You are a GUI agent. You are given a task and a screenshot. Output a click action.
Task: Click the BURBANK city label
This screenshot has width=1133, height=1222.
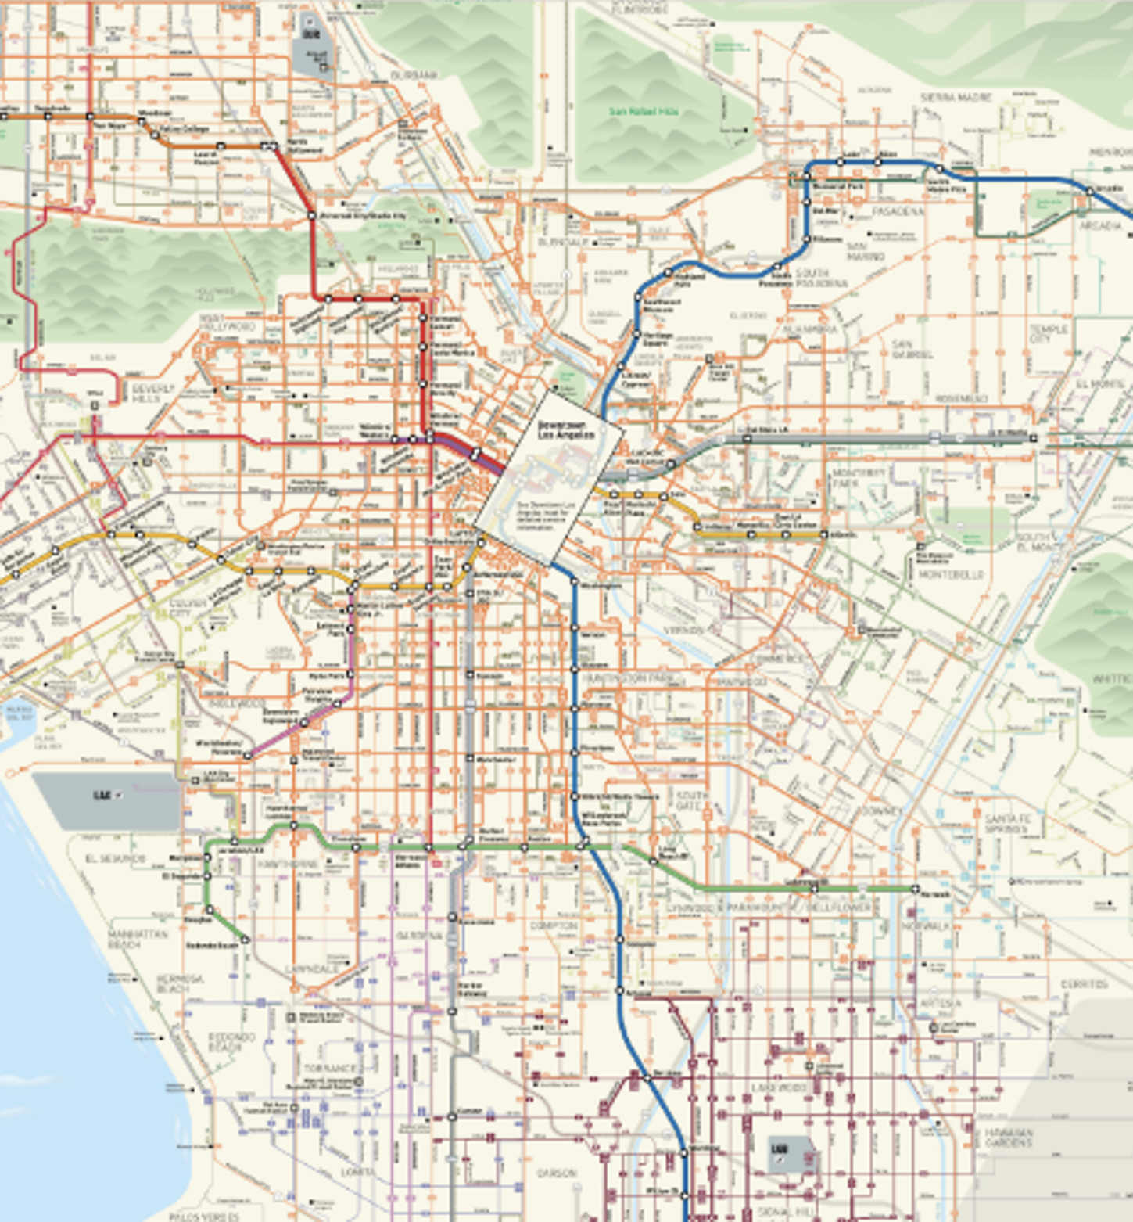click(414, 75)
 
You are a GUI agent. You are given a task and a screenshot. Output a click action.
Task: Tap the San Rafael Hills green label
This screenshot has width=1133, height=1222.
click(644, 112)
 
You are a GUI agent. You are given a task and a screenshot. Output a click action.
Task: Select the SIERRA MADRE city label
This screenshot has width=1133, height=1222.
click(956, 97)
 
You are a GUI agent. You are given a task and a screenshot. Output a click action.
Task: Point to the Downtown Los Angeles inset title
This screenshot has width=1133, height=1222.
click(565, 430)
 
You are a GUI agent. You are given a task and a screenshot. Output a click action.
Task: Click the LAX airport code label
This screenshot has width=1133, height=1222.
click(102, 795)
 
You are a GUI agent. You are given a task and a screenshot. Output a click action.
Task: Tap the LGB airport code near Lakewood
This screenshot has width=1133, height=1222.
click(779, 1149)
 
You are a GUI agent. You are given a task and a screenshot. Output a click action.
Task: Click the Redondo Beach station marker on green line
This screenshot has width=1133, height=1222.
click(245, 940)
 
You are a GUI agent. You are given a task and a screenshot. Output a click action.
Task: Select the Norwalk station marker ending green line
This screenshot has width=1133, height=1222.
click(915, 889)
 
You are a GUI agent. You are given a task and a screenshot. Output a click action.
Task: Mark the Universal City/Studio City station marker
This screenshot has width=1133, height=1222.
click(311, 215)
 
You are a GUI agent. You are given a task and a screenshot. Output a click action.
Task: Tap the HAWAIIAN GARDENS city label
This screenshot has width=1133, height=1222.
click(1008, 1138)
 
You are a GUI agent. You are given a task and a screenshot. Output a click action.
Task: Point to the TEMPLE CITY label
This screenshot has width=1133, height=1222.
click(1048, 334)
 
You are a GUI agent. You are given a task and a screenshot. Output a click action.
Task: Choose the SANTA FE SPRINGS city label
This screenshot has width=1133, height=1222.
click(1008, 823)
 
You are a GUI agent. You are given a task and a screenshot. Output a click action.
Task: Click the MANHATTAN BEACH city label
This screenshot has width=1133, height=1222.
click(124, 940)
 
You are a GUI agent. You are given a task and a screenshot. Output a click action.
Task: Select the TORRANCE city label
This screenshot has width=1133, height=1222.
click(329, 1068)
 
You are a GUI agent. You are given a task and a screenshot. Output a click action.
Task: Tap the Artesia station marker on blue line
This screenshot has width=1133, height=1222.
click(618, 991)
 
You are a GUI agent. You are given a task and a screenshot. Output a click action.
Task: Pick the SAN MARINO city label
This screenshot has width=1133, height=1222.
click(866, 251)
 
